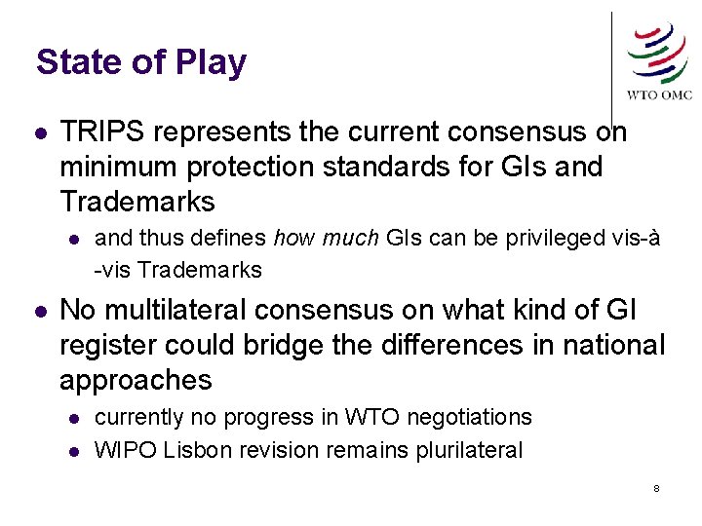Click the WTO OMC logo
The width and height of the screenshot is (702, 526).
[x=659, y=60]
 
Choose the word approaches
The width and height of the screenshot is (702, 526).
[x=136, y=381]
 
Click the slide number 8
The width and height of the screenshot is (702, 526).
[x=656, y=487]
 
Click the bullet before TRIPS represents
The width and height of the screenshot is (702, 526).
[x=38, y=132]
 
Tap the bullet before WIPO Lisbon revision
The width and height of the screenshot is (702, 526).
[x=73, y=451]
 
